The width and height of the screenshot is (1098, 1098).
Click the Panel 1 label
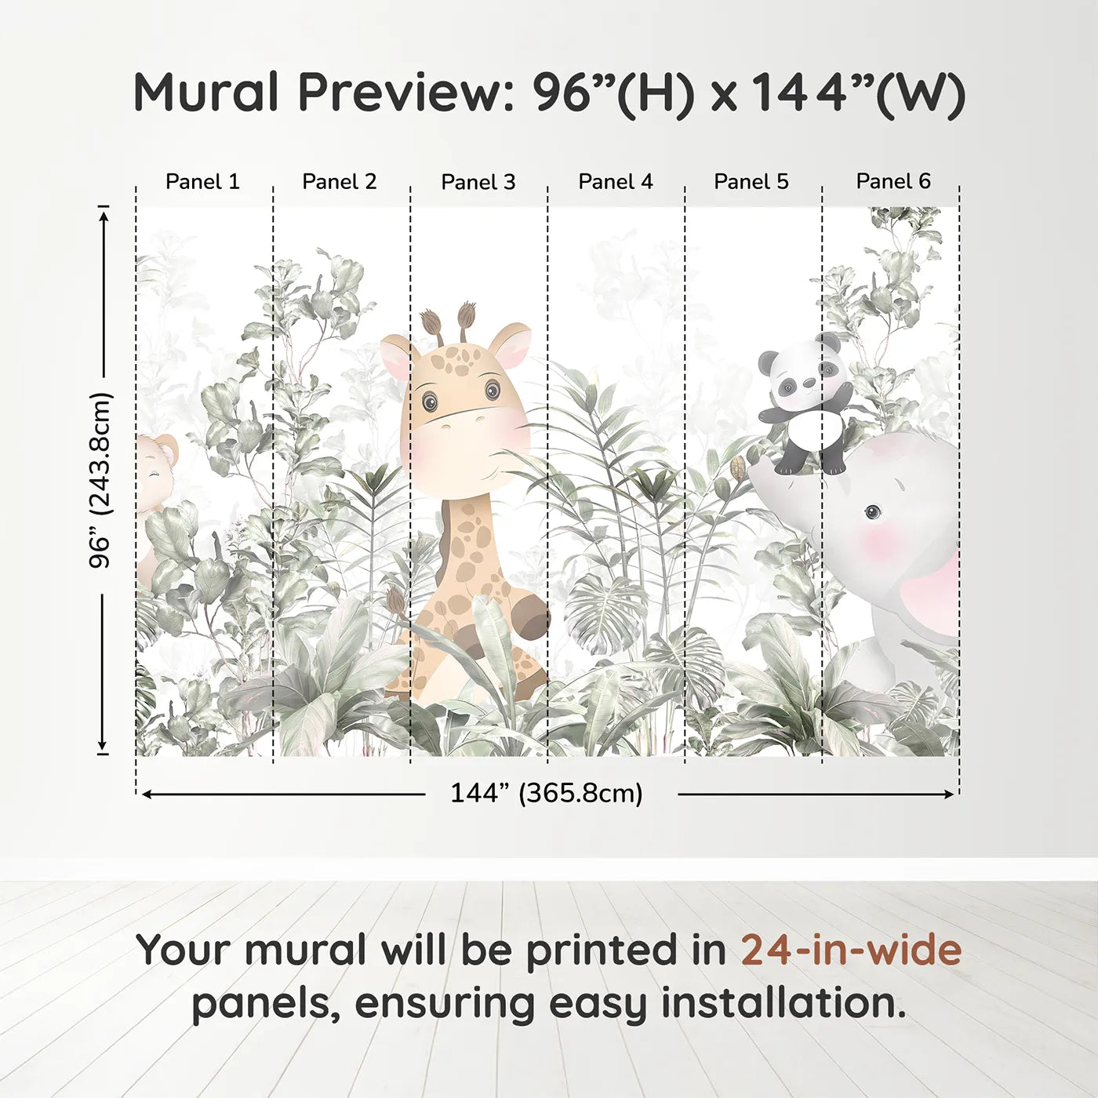point(202,182)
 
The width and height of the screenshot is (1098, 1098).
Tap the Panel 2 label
point(340,182)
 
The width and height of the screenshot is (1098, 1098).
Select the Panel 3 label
point(478,183)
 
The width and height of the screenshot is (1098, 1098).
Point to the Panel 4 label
point(616,182)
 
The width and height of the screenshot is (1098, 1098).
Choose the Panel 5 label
point(751,182)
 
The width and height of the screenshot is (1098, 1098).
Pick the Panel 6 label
point(893,181)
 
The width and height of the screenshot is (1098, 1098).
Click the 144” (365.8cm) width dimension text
point(547,794)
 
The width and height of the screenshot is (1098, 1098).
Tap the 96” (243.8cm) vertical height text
point(101,480)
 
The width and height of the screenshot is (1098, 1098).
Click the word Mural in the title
point(206,93)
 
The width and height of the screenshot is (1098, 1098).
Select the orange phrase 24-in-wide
point(851,951)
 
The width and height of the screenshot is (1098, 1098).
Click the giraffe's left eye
point(429,402)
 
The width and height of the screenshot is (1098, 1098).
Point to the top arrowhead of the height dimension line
point(104,213)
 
